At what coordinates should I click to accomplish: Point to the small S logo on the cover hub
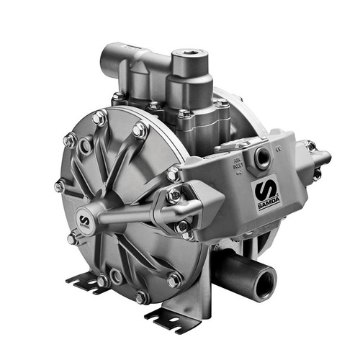pyautogui.click(x=84, y=220)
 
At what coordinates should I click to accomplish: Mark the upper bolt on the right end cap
pyautogui.click(x=311, y=147)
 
